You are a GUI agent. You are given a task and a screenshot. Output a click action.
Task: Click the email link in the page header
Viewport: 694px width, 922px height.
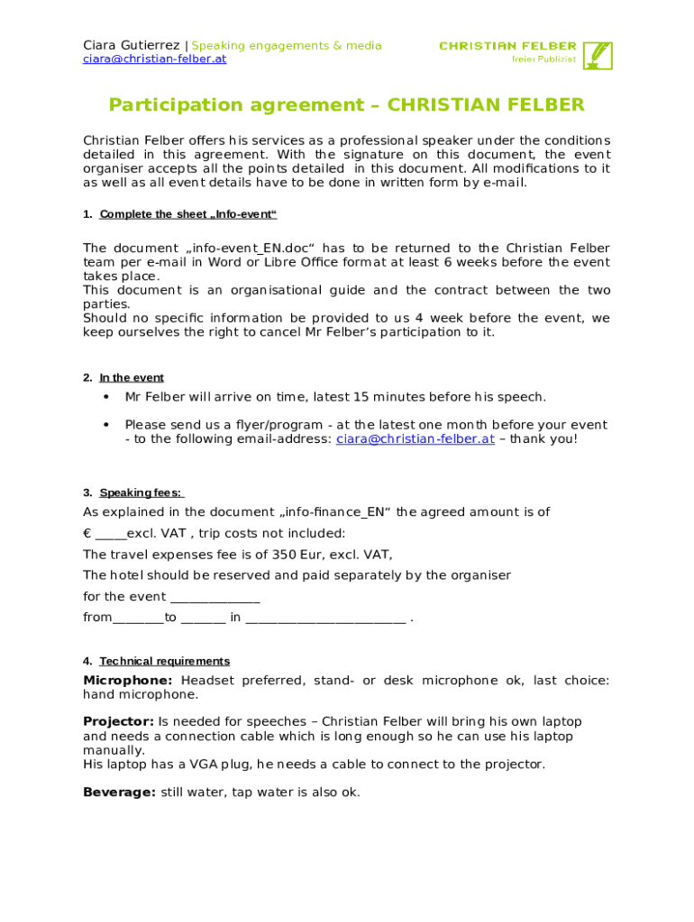tap(154, 59)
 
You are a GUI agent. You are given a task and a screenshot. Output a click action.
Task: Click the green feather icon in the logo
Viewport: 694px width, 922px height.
tap(598, 54)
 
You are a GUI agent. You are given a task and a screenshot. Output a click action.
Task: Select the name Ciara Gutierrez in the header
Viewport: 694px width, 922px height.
tap(132, 46)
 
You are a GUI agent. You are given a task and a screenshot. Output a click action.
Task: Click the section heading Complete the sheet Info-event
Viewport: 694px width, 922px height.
tap(187, 214)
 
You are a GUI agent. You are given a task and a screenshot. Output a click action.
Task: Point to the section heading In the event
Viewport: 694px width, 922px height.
tap(131, 378)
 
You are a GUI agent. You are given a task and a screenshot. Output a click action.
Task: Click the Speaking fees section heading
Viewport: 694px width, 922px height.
tap(142, 493)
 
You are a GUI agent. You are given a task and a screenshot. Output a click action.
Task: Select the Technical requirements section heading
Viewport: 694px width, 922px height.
tap(164, 661)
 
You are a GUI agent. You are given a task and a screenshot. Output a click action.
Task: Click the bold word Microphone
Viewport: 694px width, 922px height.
tap(127, 681)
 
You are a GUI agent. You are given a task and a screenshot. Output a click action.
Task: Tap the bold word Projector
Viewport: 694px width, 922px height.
tap(118, 722)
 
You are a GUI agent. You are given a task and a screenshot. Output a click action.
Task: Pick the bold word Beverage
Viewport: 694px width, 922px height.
tap(119, 792)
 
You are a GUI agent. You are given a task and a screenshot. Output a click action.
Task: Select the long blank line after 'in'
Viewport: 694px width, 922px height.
tap(324, 619)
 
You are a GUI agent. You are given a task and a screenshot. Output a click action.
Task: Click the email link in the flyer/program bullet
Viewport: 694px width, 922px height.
tap(415, 439)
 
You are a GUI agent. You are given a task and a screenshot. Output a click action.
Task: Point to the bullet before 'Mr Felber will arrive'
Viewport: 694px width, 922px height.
tap(106, 397)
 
